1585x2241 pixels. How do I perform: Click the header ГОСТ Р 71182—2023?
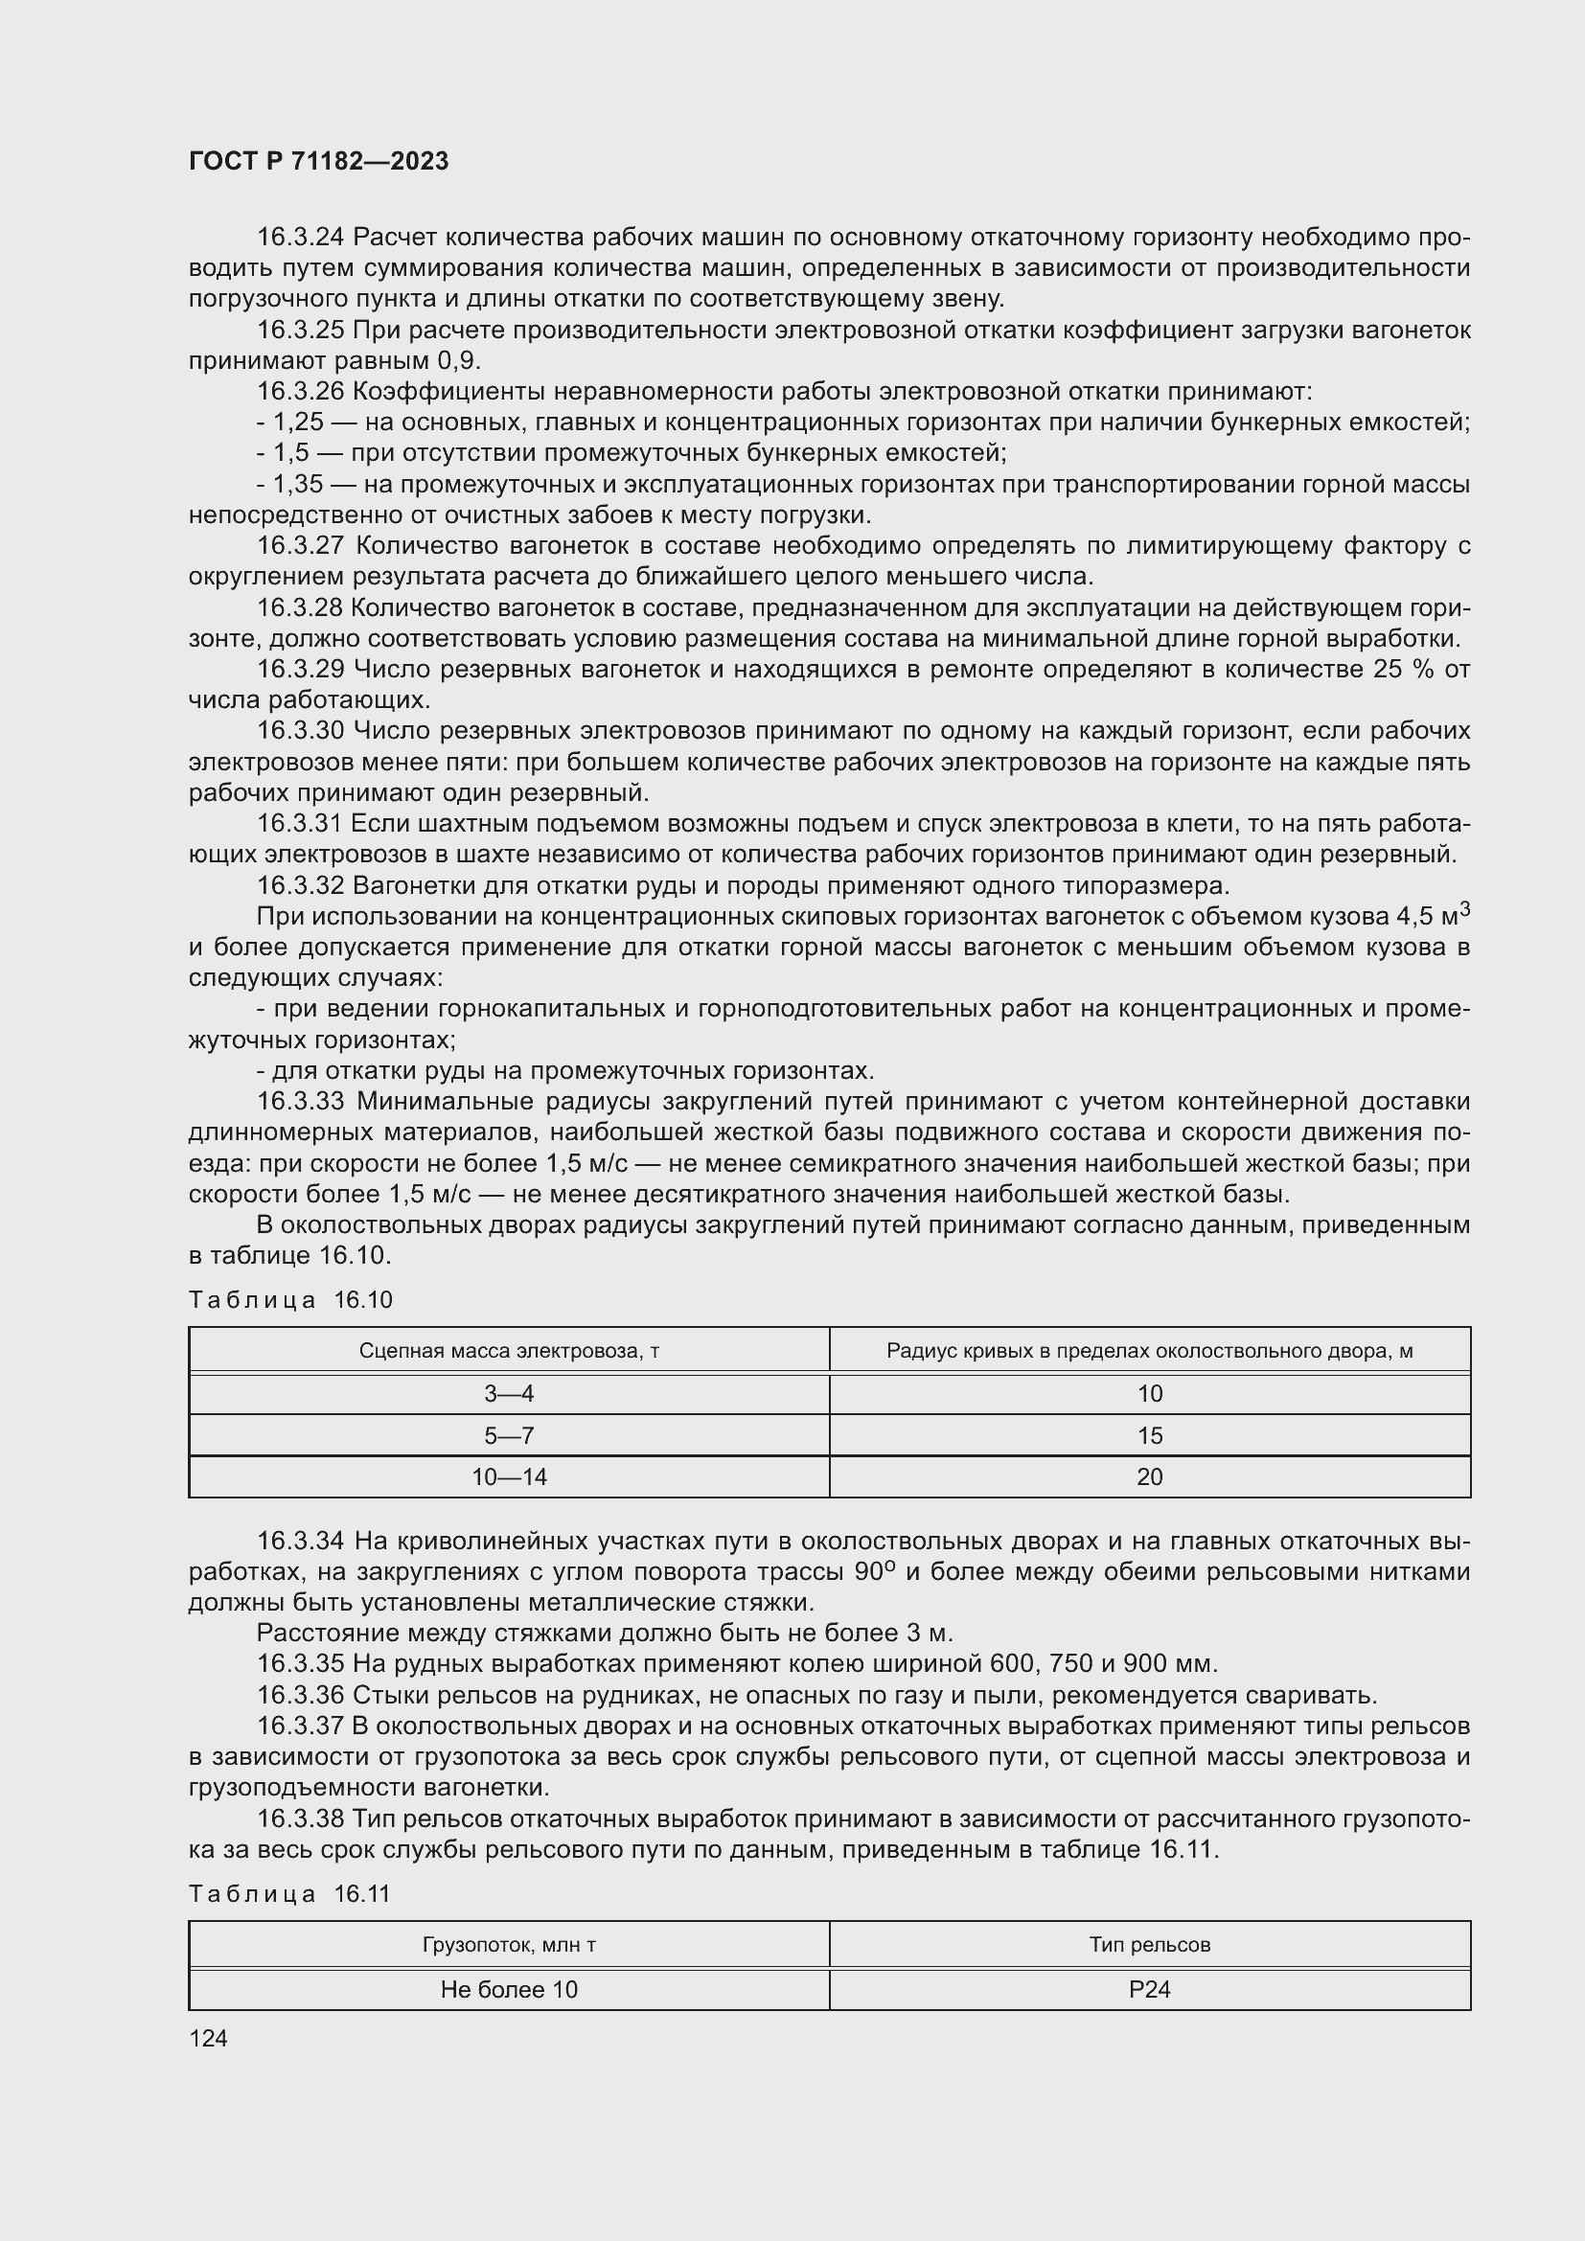[318, 161]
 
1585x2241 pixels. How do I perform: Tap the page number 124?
[208, 2038]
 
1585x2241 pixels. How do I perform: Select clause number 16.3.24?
[300, 238]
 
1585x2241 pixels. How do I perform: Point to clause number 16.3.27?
[300, 545]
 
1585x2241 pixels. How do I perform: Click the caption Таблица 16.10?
[289, 1299]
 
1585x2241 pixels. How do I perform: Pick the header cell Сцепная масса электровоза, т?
[509, 1351]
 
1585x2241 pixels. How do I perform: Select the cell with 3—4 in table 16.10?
[509, 1394]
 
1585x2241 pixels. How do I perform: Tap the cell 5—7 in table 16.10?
[509, 1436]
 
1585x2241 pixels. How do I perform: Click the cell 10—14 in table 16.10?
[509, 1476]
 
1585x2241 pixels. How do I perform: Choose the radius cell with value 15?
[1150, 1436]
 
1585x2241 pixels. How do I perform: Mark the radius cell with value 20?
[1150, 1476]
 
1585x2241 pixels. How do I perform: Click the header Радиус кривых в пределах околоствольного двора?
[1150, 1351]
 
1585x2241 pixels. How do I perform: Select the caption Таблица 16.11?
[288, 1893]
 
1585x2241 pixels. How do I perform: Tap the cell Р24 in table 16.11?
[1150, 1989]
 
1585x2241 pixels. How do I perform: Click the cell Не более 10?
[509, 1989]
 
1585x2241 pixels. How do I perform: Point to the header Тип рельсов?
[1150, 1944]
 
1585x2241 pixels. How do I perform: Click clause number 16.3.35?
[300, 1663]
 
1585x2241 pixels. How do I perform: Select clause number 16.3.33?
[300, 1101]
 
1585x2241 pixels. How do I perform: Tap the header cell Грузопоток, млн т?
[509, 1944]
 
